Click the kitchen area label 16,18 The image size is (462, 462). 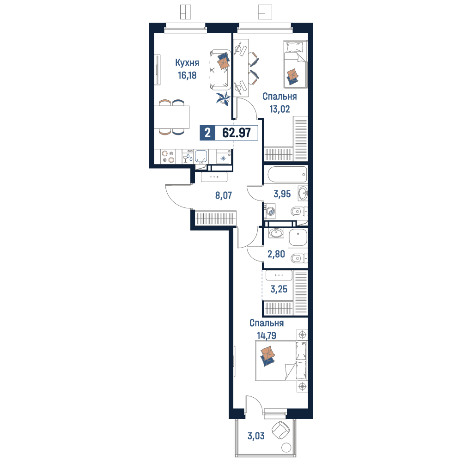point(187,75)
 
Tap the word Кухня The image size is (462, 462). point(187,62)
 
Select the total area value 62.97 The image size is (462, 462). point(236,133)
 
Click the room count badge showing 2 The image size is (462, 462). point(207,133)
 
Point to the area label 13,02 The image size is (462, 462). point(280,109)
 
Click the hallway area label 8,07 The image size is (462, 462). point(223,195)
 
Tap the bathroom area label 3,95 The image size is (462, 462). point(282,194)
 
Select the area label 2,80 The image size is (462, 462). point(276,254)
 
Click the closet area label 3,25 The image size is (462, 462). point(279,289)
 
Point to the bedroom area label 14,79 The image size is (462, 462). point(267,335)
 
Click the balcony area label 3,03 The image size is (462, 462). point(256,436)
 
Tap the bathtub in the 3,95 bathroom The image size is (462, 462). point(287,175)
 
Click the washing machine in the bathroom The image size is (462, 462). point(270,211)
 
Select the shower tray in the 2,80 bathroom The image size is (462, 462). point(298,238)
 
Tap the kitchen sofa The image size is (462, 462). point(220,70)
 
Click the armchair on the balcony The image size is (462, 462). point(280,430)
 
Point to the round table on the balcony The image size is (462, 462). point(286,448)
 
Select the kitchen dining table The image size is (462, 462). point(171,117)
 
